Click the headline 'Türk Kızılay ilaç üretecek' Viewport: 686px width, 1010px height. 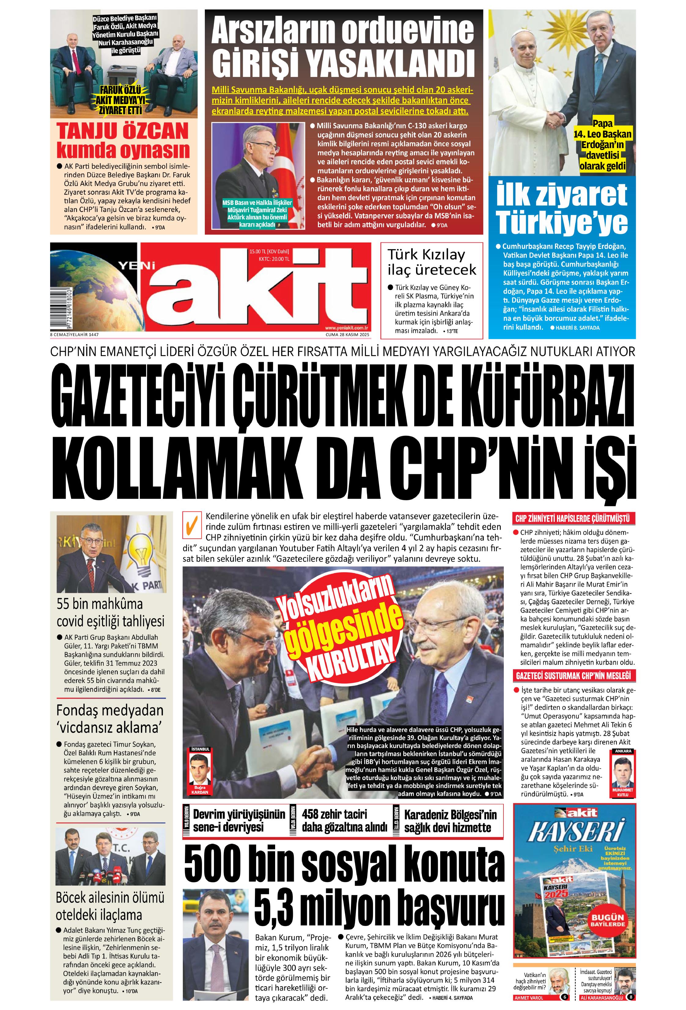pyautogui.click(x=432, y=262)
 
